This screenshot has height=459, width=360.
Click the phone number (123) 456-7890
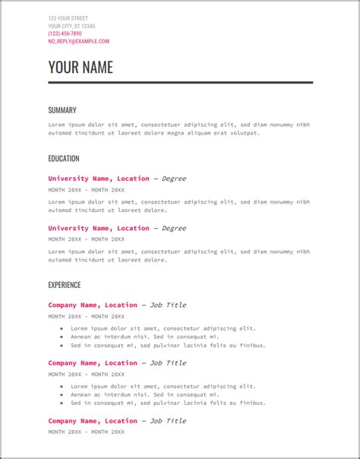65,33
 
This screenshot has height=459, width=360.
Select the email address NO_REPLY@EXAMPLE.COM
78,42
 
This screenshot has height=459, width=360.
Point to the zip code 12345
87,26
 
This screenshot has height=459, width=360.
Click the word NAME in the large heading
96,67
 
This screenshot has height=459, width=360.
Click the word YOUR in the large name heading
62,67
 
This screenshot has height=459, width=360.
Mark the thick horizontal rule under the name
180,82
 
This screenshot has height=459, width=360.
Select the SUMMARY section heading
62,110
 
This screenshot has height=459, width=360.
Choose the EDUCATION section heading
63,159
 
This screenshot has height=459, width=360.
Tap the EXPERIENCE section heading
64,285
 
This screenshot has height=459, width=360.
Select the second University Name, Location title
99,228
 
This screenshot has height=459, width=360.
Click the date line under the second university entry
86,239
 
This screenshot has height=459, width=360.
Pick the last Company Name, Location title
93,420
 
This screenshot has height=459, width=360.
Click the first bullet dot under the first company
62,329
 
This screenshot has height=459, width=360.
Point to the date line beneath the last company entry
86,432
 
